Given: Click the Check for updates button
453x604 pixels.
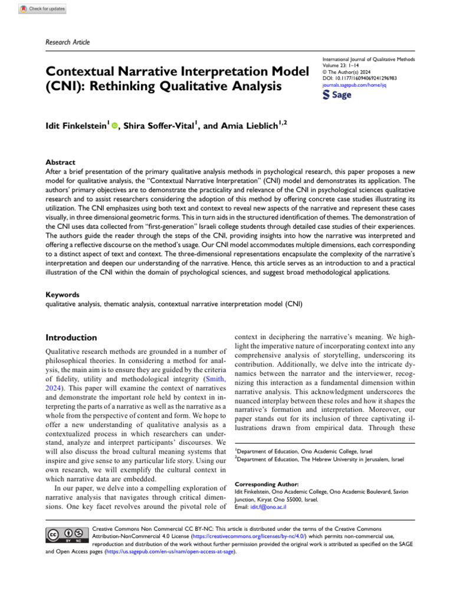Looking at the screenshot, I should [42, 9].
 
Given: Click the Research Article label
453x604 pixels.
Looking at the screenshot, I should [68, 42].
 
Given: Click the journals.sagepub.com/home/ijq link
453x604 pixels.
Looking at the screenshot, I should [350, 84].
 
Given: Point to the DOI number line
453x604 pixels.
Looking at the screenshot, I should [360, 78].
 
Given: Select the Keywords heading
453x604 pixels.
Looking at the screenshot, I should [63, 294].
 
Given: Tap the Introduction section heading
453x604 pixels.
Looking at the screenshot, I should [71, 338].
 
